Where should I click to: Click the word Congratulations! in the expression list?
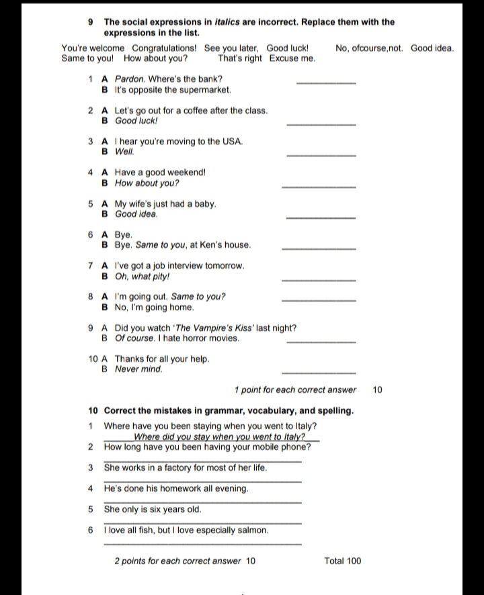pyautogui.click(x=164, y=48)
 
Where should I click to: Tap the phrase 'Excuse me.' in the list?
pyautogui.click(x=292, y=58)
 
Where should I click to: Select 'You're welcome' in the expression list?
pyautogui.click(x=93, y=48)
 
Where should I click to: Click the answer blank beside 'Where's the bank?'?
pyautogui.click(x=326, y=82)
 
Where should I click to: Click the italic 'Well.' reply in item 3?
pyautogui.click(x=125, y=152)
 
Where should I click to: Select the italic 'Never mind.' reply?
pyautogui.click(x=138, y=369)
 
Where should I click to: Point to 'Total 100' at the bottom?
pyautogui.click(x=342, y=561)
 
